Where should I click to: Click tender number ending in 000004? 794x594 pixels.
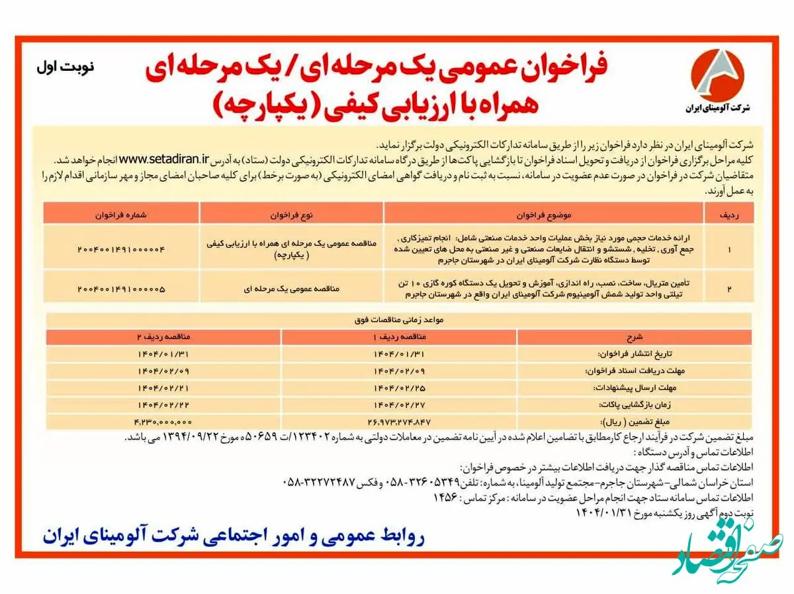[x=120, y=249]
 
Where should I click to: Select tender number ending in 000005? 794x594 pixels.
[x=120, y=289]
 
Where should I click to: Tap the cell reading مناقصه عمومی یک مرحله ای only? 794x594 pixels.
[x=291, y=289]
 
